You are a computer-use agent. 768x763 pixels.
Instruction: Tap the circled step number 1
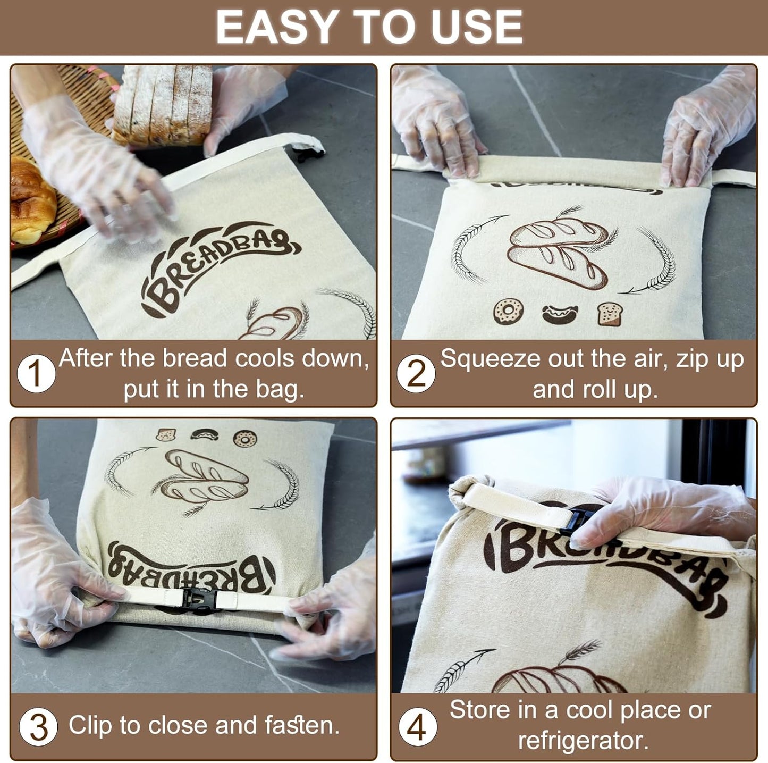(x=36, y=373)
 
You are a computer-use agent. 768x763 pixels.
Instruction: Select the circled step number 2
(x=416, y=373)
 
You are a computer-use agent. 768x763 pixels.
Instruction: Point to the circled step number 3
(x=38, y=727)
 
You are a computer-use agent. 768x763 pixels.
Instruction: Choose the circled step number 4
(x=417, y=727)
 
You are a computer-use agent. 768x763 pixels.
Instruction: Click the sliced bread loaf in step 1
(x=163, y=104)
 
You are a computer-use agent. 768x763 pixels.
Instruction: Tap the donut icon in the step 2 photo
(x=508, y=311)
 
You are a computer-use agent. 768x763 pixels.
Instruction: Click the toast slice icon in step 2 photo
(x=610, y=314)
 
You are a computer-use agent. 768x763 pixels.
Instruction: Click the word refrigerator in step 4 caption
(x=583, y=741)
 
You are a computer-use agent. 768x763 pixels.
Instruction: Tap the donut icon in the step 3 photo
(x=244, y=438)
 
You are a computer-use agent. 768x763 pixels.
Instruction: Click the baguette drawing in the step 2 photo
(x=558, y=253)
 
